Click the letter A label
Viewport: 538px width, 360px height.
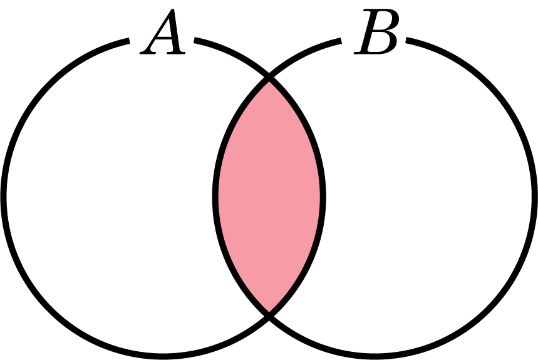tap(163, 31)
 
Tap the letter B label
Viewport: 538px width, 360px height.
tap(376, 31)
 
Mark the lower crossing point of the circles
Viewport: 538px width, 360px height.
tap(269, 315)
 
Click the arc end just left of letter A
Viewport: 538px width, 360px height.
tap(129, 41)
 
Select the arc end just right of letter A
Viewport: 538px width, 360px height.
tap(195, 40)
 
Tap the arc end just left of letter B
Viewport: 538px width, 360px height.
tap(341, 41)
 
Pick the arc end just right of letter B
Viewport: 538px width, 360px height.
tap(406, 40)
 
